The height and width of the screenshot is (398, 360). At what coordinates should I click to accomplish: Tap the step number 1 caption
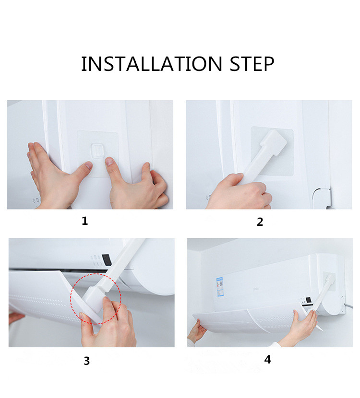[85, 221]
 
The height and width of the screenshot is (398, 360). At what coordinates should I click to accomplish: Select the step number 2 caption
[260, 222]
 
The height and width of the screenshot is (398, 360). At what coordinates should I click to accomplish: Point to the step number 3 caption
[86, 361]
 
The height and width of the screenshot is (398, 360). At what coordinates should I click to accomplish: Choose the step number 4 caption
[267, 359]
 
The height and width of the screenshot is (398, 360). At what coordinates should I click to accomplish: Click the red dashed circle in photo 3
[96, 299]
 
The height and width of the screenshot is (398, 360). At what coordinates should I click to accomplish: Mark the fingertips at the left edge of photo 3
[15, 317]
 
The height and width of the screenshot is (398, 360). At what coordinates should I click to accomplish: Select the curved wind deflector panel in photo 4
[245, 321]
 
